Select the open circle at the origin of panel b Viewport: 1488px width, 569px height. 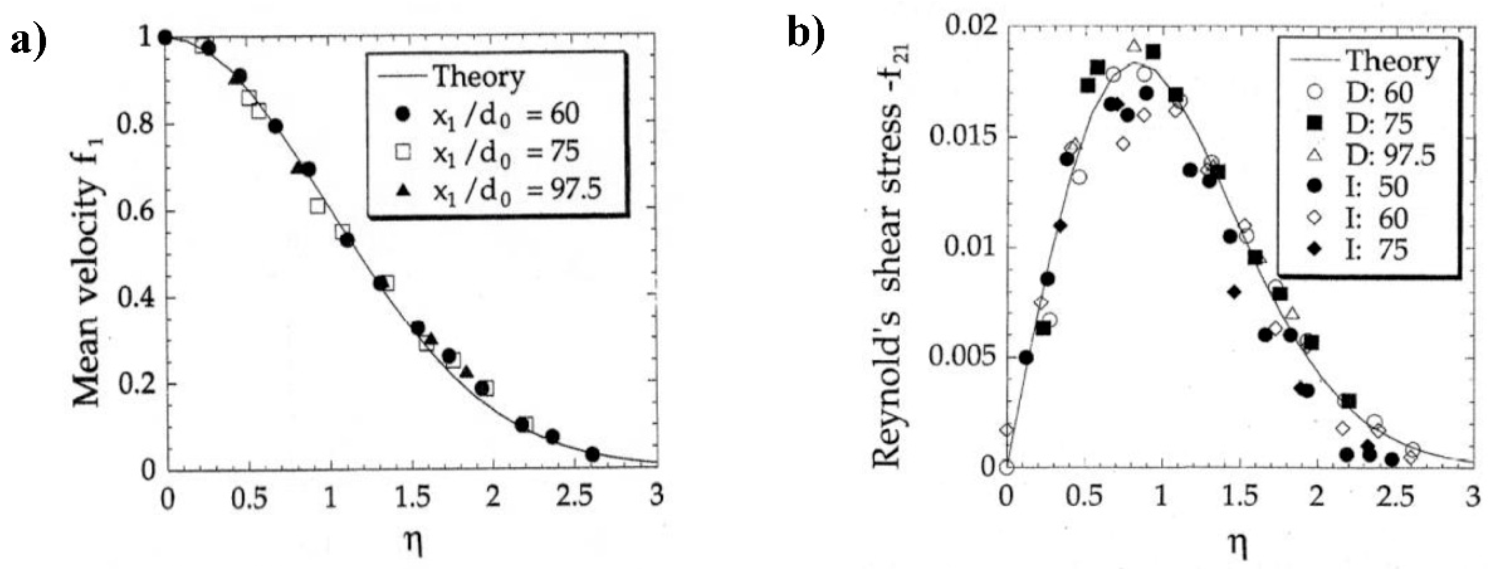coord(1006,467)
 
